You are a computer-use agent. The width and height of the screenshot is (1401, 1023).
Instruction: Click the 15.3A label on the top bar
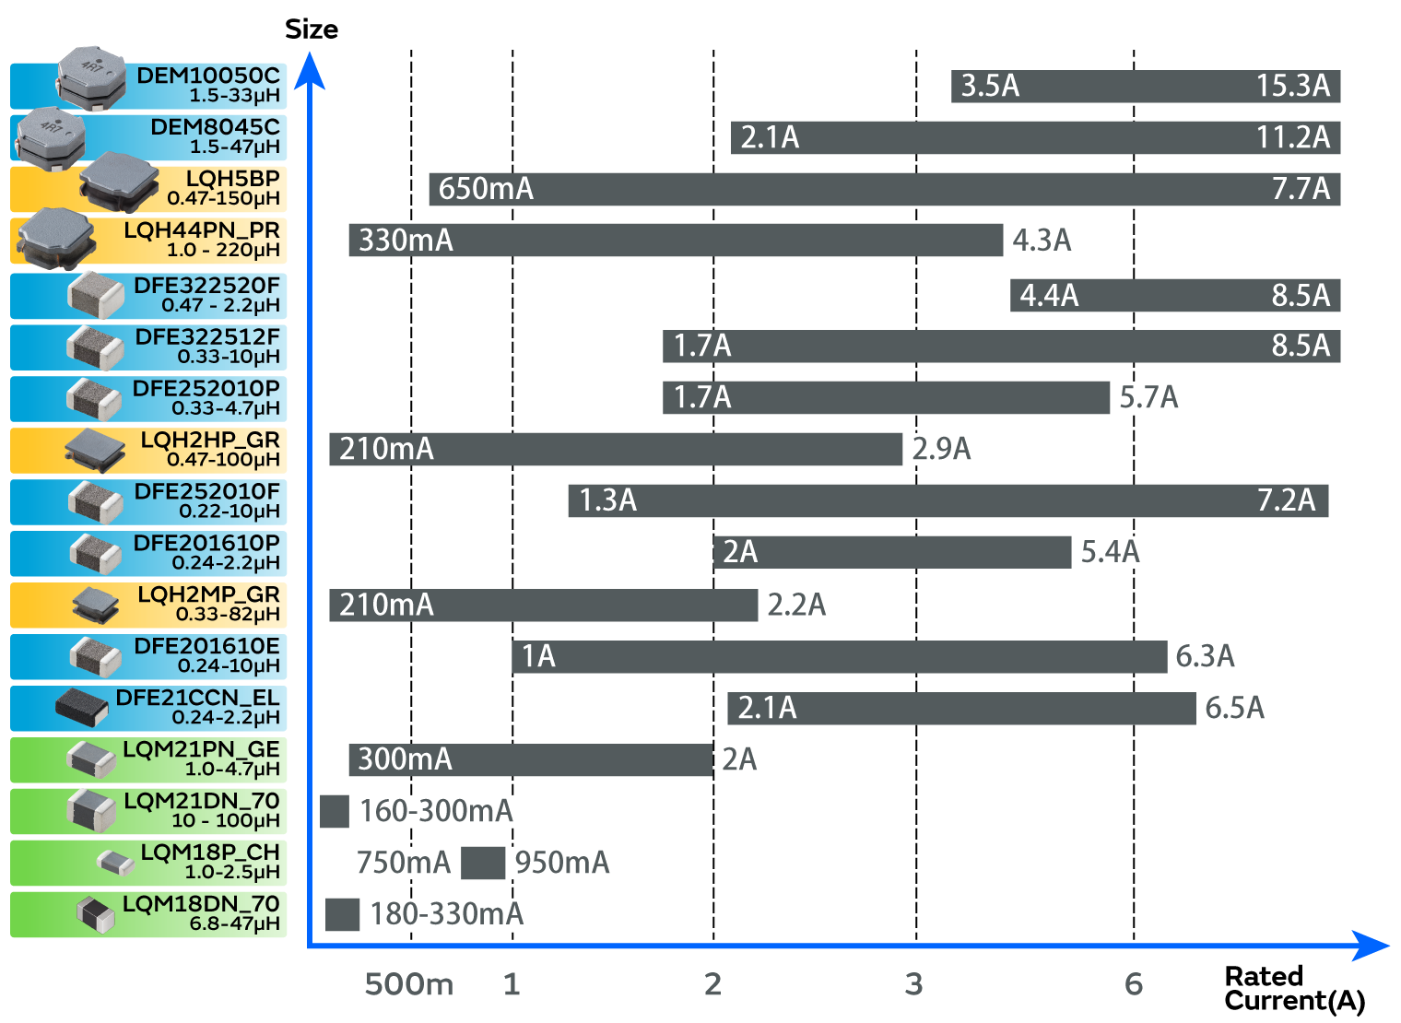click(x=1292, y=86)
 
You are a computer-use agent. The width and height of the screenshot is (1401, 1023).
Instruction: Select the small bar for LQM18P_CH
click(x=483, y=864)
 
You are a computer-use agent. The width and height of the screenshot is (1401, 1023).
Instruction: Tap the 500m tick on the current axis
click(x=408, y=984)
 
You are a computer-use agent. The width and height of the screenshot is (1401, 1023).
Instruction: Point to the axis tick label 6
click(x=1134, y=984)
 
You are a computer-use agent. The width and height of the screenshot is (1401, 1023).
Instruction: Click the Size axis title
click(x=312, y=29)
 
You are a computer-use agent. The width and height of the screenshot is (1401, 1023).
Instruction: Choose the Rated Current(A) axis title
click(x=1294, y=988)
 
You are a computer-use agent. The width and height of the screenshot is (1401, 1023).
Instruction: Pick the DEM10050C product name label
click(x=208, y=76)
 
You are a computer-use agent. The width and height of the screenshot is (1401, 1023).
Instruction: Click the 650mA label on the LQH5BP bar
click(x=486, y=189)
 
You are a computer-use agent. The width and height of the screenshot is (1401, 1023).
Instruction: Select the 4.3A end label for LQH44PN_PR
click(x=1042, y=241)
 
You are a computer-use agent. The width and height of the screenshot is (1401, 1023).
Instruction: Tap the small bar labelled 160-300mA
click(x=335, y=812)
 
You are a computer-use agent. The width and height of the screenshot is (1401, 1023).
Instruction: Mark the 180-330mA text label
click(x=446, y=914)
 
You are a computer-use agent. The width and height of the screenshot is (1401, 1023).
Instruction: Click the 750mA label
click(x=403, y=863)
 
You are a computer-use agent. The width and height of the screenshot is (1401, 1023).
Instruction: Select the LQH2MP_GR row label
click(x=208, y=595)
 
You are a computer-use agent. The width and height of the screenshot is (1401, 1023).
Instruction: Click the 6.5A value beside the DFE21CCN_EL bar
click(x=1234, y=708)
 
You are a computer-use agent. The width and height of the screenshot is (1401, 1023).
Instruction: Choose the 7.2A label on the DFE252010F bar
click(x=1286, y=500)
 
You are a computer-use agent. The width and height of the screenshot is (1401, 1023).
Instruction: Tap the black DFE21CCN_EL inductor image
click(x=83, y=707)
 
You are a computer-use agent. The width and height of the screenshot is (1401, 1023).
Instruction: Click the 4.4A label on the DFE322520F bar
click(x=1049, y=296)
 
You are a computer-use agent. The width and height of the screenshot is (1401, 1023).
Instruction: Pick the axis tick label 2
click(x=712, y=984)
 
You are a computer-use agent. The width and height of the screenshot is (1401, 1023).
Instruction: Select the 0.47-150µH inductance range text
click(x=223, y=198)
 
